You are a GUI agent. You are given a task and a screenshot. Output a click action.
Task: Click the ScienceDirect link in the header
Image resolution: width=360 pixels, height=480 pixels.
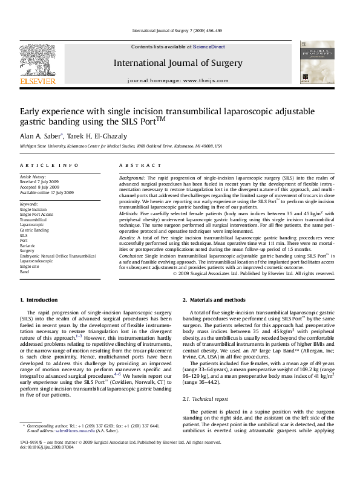coord(209,47)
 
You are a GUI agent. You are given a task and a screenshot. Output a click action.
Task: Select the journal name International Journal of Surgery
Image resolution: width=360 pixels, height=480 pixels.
coord(178,63)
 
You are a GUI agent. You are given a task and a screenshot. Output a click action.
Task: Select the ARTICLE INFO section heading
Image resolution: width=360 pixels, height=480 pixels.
coord(49,165)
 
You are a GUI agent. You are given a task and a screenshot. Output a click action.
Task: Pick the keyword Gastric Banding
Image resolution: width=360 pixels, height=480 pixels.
coord(34,230)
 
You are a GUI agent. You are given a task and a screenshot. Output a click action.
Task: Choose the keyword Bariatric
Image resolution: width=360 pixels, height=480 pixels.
coord(28,245)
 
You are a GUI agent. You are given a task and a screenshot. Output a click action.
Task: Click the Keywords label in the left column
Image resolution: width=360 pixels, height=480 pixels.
coord(29,204)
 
